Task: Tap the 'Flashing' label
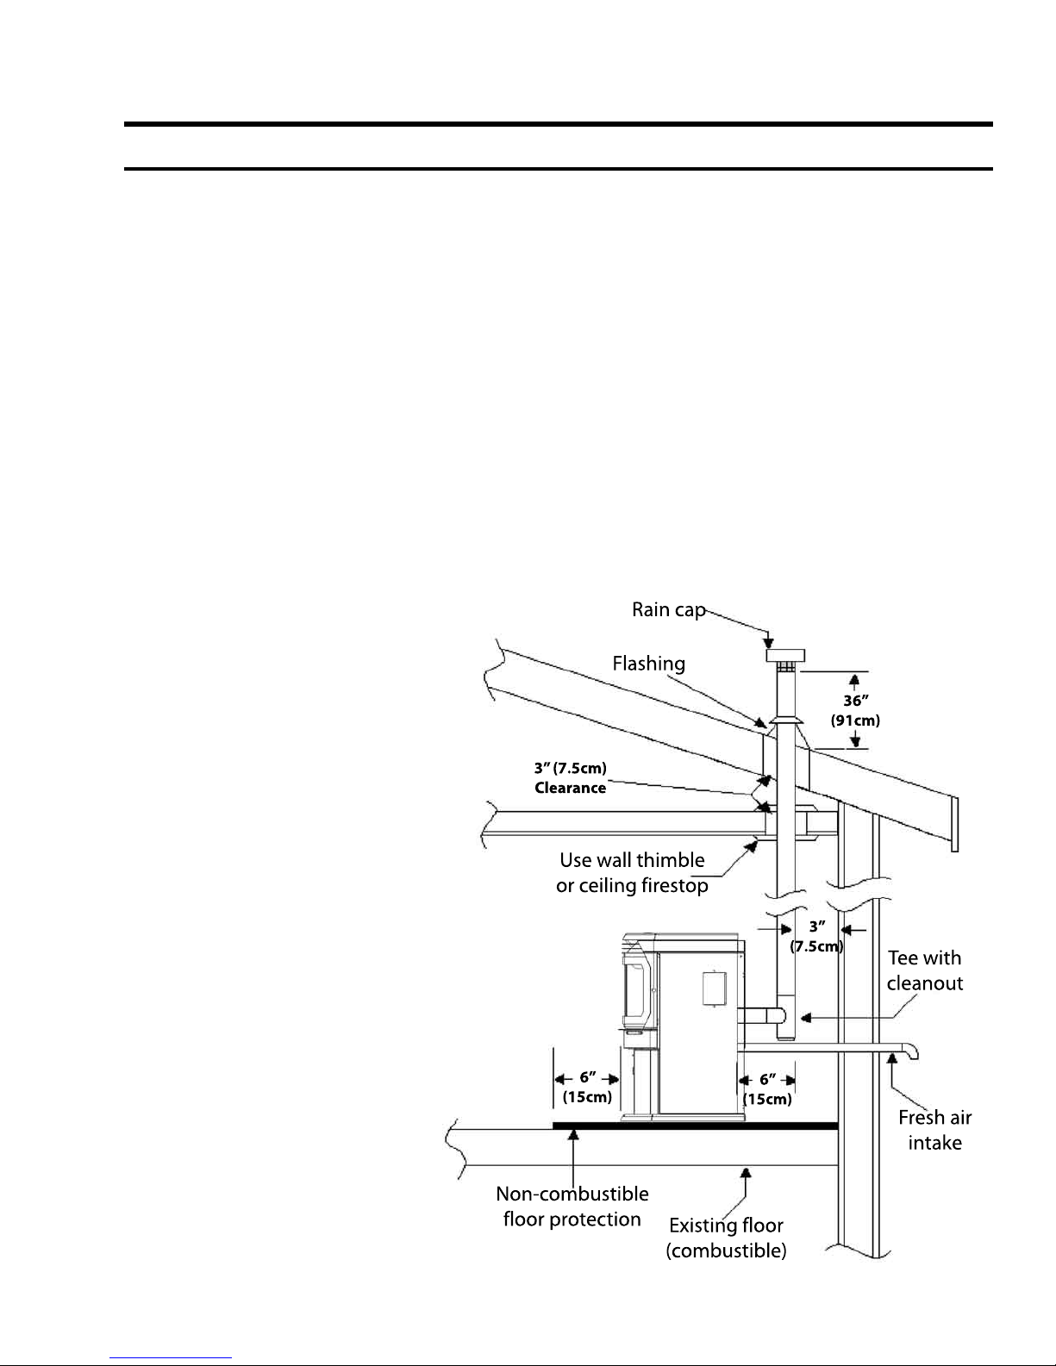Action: pos(648,664)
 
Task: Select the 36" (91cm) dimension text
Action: pos(854,711)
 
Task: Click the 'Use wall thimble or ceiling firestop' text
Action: pos(632,872)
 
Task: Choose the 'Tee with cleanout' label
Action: pos(924,970)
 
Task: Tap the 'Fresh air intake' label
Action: pos(934,1130)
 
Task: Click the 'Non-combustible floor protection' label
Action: pos(572,1207)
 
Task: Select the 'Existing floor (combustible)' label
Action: pos(726,1238)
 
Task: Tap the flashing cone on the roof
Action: pos(786,721)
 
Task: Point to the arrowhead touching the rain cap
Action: pos(769,642)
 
